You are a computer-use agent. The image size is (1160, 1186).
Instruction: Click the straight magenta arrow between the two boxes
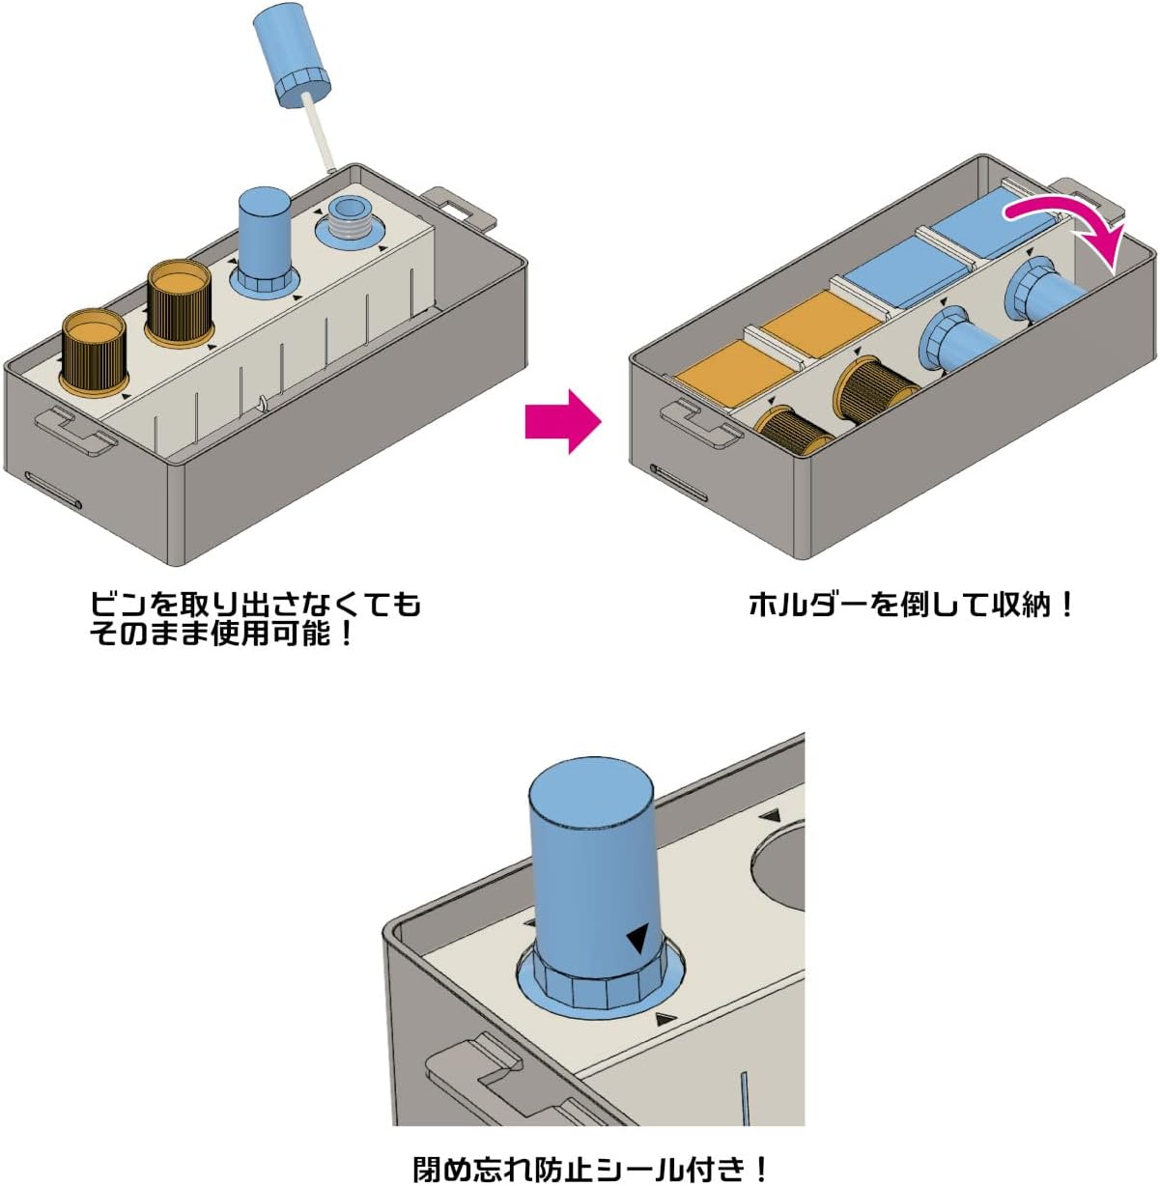pos(563,421)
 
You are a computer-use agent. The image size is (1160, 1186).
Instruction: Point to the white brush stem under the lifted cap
pos(318,131)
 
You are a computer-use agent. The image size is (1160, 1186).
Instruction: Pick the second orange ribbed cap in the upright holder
pos(179,300)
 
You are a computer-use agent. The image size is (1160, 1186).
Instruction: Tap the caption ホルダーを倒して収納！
pos(912,606)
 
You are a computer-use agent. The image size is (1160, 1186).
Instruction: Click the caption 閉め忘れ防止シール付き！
pos(591,1169)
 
